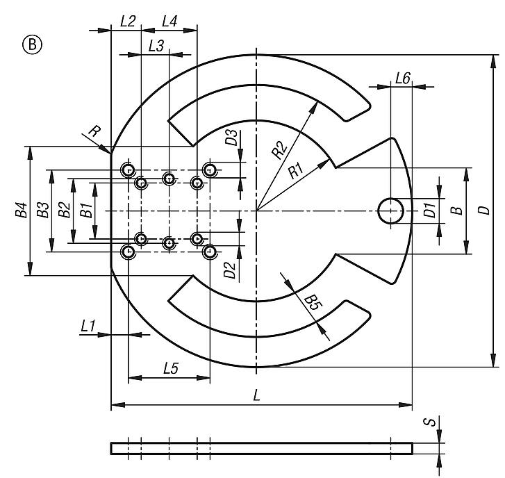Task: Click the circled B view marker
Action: [33, 46]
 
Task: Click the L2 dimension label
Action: [126, 21]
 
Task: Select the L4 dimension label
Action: [169, 21]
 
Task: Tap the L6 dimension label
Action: [401, 79]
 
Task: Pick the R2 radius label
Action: [280, 147]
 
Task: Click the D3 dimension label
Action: [231, 137]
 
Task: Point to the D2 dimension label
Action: [231, 267]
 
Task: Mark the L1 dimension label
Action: [88, 325]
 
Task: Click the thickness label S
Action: [431, 422]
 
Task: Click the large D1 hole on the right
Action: [391, 211]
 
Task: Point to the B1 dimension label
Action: [85, 211]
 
